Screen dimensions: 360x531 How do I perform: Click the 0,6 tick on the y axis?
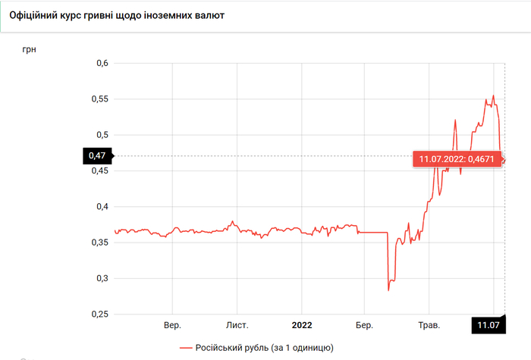100,63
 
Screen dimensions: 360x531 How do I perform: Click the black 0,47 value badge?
96,156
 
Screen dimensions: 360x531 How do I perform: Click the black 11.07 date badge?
488,326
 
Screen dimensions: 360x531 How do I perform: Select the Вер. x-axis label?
172,326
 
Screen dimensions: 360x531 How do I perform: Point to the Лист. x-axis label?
237,326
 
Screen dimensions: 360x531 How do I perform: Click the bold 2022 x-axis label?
302,326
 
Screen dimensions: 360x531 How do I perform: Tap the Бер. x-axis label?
365,326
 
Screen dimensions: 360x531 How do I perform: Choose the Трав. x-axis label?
429,326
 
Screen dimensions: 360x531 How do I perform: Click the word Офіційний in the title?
35,15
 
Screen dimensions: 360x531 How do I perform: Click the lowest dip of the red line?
388,290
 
